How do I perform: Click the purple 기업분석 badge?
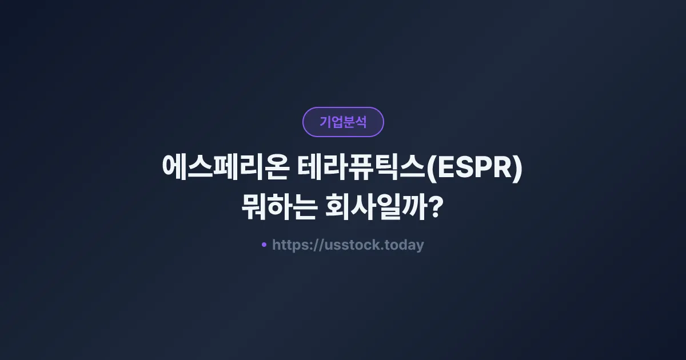click(343, 122)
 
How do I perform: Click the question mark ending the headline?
click(435, 207)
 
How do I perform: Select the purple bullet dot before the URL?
click(264, 245)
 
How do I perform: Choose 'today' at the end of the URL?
click(405, 245)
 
